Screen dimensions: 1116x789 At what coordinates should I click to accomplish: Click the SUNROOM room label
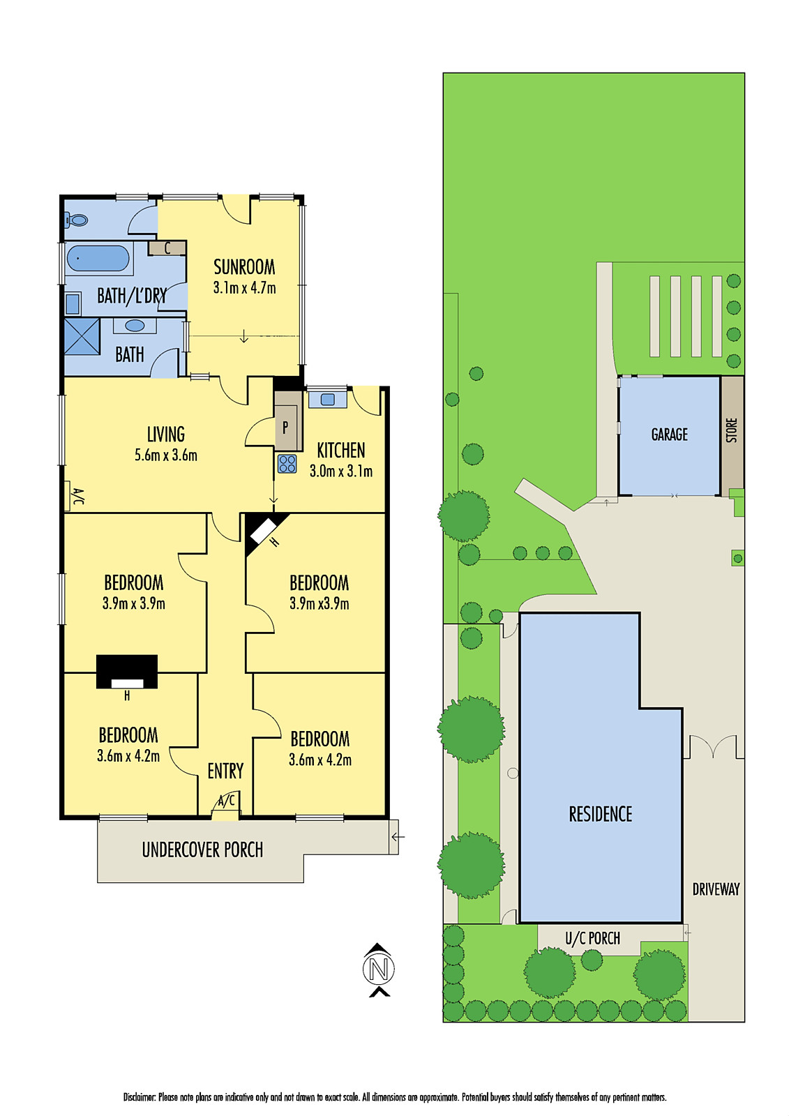pos(244,267)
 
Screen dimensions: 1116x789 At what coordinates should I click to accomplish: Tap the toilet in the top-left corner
pos(77,220)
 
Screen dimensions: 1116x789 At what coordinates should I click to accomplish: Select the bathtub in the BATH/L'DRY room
pos(98,259)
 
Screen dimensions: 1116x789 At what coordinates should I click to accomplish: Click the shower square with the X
pos(82,336)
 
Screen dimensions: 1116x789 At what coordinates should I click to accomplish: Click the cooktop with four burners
pos(287,463)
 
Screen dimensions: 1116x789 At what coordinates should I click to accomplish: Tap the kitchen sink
pos(326,400)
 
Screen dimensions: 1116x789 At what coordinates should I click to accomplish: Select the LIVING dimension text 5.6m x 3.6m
pos(166,455)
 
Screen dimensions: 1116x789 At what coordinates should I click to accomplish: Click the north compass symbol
pos(379,969)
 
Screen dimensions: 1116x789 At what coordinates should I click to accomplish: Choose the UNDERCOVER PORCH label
pos(202,850)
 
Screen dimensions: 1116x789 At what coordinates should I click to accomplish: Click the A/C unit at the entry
pos(226,801)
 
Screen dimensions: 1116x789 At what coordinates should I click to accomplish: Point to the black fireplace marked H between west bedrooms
pos(127,672)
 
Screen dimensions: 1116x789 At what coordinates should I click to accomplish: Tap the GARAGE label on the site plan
pos(669,435)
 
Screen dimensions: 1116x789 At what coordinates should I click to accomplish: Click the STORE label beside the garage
pos(732,430)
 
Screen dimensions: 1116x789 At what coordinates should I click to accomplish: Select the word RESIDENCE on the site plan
pos(600,814)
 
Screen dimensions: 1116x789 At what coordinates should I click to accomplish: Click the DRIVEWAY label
pos(716,889)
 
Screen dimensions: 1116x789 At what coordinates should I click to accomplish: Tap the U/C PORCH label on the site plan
pos(592,938)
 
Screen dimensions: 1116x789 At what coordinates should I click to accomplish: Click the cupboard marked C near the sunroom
pos(167,248)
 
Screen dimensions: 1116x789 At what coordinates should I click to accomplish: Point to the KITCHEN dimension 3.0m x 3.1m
pos(340,472)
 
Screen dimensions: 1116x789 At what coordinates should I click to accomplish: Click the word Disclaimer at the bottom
pos(140,1097)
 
